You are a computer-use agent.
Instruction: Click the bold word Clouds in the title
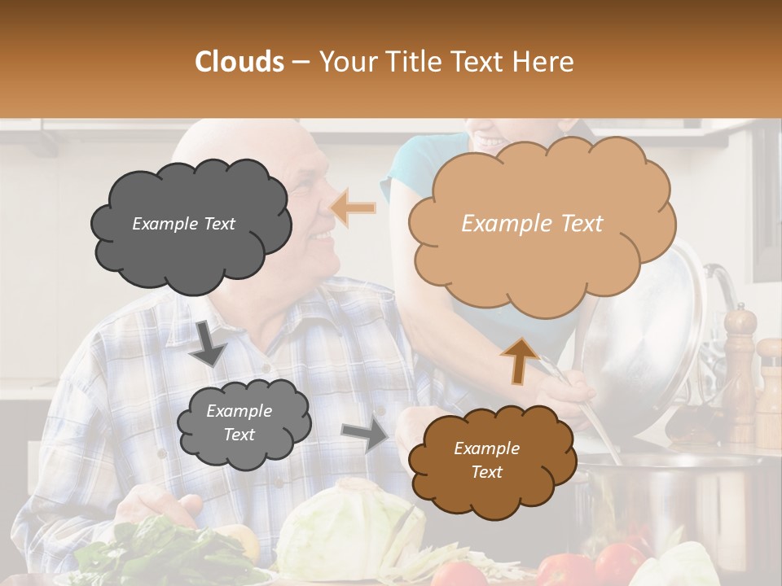[x=240, y=62]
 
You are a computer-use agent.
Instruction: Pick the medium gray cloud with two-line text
[x=241, y=422]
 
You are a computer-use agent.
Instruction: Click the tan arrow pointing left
[x=354, y=209]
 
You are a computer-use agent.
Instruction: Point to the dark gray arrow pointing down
[x=209, y=343]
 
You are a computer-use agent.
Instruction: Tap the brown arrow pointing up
[x=519, y=360]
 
